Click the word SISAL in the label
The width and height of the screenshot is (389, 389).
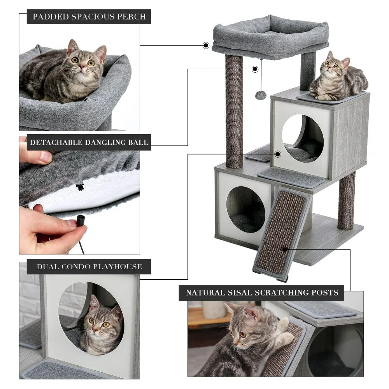tap(239, 293)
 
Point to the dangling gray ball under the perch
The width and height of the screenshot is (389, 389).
tap(261, 95)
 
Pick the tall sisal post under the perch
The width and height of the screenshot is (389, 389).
tap(234, 111)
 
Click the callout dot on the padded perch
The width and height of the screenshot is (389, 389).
tap(206, 45)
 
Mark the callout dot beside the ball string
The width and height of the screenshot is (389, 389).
tap(255, 69)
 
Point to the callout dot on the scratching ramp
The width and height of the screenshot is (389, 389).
tap(285, 249)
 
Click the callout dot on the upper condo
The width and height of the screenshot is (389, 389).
tap(278, 154)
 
